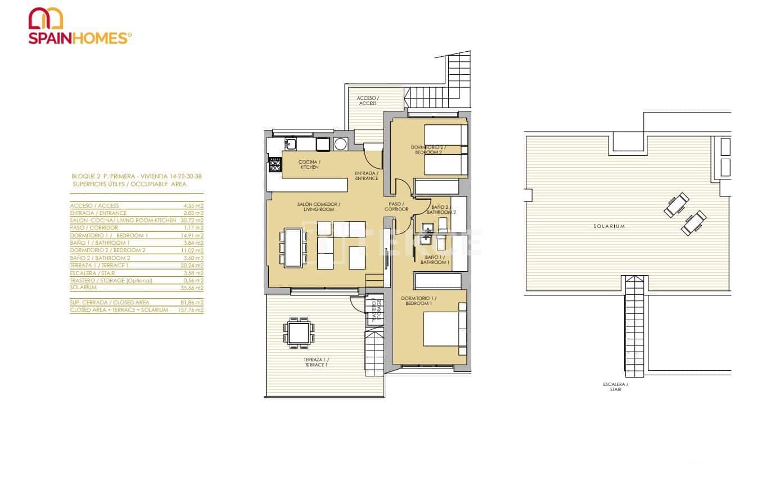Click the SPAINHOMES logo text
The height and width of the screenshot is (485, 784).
(80, 38)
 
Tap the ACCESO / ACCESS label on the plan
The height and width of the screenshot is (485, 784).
(367, 101)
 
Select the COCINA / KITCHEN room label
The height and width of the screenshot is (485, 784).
(309, 164)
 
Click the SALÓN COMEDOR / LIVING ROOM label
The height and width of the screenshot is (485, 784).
(319, 206)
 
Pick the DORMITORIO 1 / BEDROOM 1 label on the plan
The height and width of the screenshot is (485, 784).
(418, 300)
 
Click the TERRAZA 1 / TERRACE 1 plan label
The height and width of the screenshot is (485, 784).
(316, 362)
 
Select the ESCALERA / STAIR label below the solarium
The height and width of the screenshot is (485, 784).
(615, 387)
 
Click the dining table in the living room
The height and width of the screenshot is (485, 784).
(293, 248)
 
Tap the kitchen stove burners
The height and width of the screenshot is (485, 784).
(275, 165)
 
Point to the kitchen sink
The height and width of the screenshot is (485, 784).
(290, 145)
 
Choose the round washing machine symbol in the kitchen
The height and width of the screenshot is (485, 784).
(340, 145)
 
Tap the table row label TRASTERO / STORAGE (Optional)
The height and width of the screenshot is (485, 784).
(111, 280)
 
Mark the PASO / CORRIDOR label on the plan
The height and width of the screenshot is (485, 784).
(396, 206)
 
